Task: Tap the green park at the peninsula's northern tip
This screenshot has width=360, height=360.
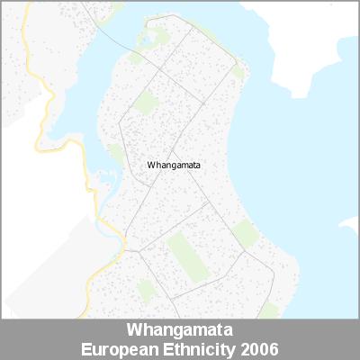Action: point(154,38)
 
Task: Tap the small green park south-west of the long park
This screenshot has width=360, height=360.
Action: point(144,290)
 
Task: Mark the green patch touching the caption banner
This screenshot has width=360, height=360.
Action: point(268,311)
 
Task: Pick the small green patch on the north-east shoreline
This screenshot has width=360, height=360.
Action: point(238,70)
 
